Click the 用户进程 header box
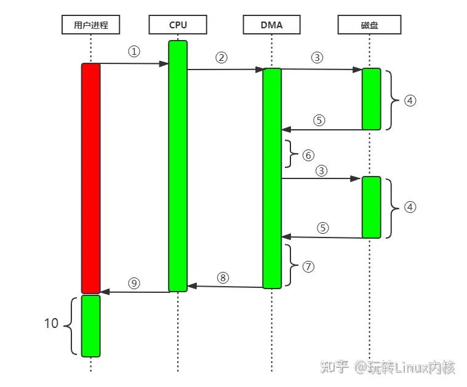coord(90,25)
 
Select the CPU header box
coord(178,25)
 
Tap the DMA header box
coord(271,25)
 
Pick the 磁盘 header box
coord(370,25)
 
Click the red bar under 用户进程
coord(90,178)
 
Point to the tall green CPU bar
coord(178,166)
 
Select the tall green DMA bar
coord(271,178)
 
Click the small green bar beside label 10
coord(90,326)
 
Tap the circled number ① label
coord(134,52)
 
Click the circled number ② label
coord(222,58)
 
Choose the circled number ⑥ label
coord(308,155)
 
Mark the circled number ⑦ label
coord(308,266)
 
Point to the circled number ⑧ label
coord(223,277)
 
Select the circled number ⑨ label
coord(134,283)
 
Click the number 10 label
coord(51,323)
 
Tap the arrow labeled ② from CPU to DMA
coord(225,70)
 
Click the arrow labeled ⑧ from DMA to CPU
coord(225,287)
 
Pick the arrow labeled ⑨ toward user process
coord(134,292)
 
